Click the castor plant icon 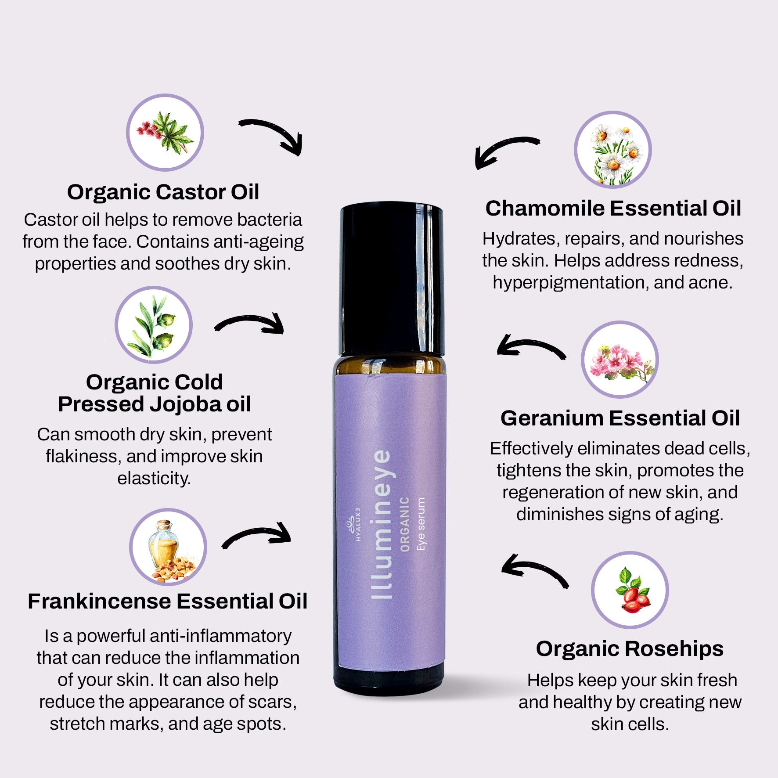click(x=165, y=133)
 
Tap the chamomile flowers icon click(x=613, y=149)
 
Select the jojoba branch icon click(x=154, y=325)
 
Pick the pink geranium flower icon click(x=620, y=360)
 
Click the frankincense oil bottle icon click(x=168, y=547)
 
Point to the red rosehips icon click(x=630, y=590)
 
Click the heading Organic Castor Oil click(x=163, y=192)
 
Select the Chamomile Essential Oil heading click(x=613, y=208)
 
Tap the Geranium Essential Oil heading click(x=620, y=418)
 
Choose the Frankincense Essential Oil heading click(x=167, y=601)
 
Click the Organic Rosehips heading click(x=630, y=648)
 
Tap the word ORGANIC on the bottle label click(x=405, y=524)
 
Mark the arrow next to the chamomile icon click(x=505, y=151)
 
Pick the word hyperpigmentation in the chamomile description click(x=570, y=282)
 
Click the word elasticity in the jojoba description click(x=154, y=478)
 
